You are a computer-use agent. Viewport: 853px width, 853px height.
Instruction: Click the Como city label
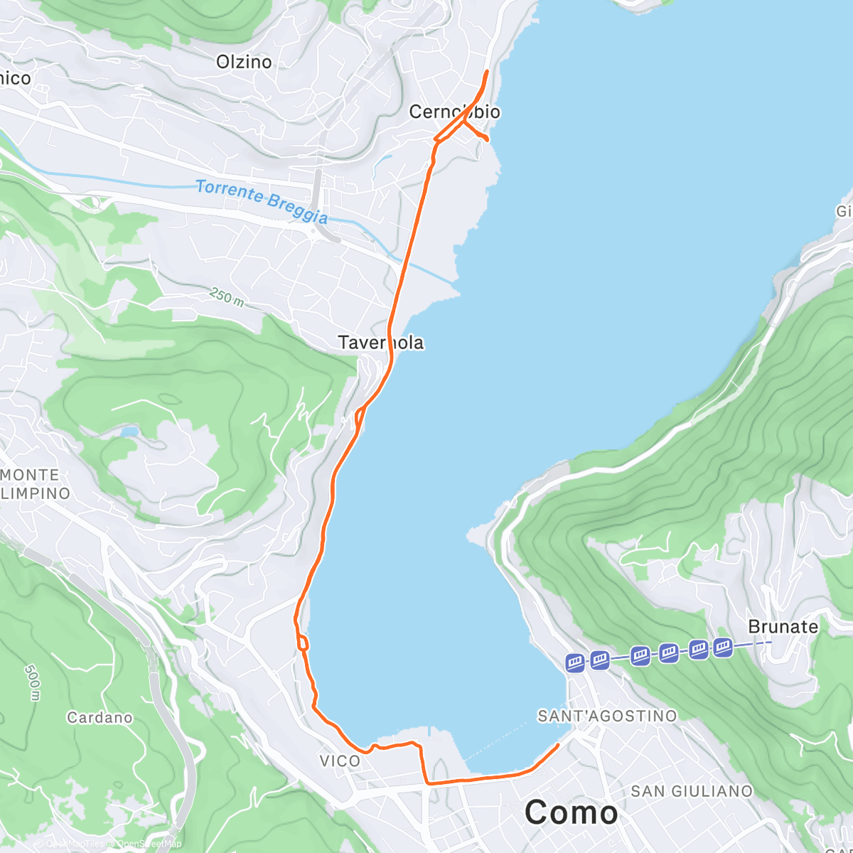572,812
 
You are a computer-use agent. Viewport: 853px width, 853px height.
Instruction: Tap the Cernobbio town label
455,112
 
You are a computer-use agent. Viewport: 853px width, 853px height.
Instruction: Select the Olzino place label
244,62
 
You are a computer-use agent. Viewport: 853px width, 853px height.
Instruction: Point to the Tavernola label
381,343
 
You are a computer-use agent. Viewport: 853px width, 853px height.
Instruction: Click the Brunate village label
783,626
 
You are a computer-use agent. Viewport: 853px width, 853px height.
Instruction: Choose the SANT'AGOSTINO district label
607,716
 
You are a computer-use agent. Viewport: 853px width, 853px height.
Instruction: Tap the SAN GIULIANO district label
692,791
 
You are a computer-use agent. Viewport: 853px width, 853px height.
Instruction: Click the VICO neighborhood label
340,761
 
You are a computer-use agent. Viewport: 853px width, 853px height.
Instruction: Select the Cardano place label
100,717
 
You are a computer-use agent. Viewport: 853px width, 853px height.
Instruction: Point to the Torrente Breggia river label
262,201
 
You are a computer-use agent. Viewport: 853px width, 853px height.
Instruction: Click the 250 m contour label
227,297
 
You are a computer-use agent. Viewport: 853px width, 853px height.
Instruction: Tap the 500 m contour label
33,682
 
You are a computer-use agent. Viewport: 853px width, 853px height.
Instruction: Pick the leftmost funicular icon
575,663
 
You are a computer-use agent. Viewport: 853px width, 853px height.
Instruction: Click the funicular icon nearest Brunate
723,647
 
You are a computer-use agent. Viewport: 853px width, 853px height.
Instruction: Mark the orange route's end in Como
558,744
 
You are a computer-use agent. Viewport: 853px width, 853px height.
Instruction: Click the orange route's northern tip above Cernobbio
487,72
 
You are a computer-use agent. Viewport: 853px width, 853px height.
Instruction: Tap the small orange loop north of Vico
304,643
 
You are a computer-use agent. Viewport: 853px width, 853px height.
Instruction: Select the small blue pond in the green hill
129,431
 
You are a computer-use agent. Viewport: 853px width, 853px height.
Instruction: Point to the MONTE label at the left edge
30,475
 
